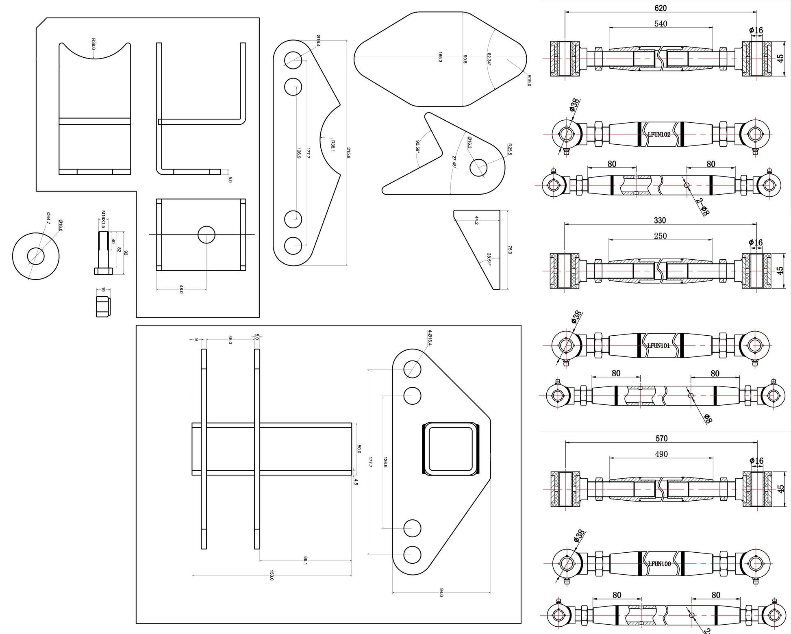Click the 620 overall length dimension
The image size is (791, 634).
pos(661,8)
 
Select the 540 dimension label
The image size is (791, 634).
pos(661,24)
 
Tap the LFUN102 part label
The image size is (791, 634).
pos(659,135)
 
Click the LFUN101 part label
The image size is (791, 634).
pos(658,346)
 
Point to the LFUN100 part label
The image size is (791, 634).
pos(659,564)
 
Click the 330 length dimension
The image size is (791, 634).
pos(660,220)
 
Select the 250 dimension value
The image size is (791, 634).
pos(660,236)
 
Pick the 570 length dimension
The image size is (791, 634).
pos(661,439)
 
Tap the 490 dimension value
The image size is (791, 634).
pos(661,454)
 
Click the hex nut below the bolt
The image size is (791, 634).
pos(103,306)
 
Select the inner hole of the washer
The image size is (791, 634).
pos(36,256)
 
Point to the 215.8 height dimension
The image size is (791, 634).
pos(348,152)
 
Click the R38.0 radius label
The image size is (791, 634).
pos(93,44)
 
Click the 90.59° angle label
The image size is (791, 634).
pos(417,146)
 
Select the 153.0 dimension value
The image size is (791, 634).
pos(272,576)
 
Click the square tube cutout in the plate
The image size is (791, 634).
pos(451,449)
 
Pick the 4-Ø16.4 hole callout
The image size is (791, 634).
pos(430,338)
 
